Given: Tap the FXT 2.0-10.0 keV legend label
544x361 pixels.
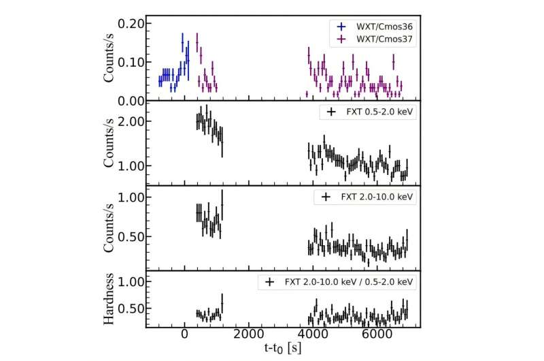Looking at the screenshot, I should click(375, 197).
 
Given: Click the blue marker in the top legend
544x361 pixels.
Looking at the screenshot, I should click(341, 27).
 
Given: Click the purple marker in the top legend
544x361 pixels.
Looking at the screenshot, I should click(341, 40).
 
